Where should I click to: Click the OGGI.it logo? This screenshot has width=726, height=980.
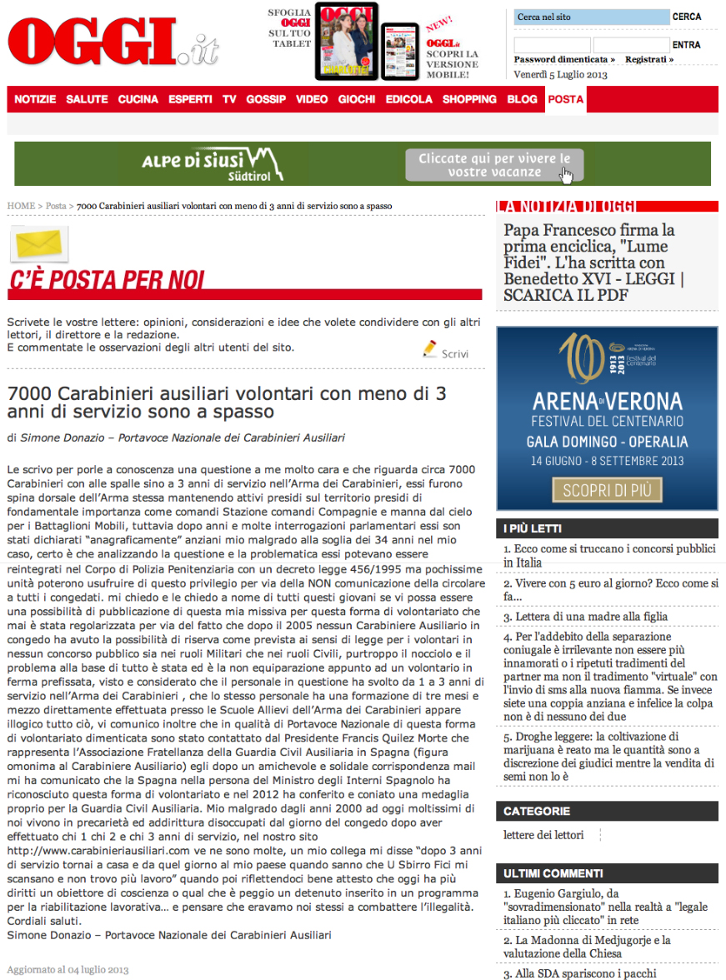[113, 42]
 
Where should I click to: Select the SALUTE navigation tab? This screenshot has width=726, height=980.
[87, 99]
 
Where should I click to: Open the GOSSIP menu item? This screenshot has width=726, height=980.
[266, 99]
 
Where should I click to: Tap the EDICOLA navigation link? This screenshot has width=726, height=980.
[408, 99]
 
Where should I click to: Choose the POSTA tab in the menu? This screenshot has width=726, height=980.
[565, 99]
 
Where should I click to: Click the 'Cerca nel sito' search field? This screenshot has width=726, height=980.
[591, 17]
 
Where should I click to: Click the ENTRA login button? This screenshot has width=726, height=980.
[686, 45]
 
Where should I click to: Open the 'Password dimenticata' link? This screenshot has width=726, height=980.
[563, 60]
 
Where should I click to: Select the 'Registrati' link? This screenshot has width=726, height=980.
[648, 60]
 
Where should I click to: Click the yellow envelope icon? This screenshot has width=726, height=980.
[38, 244]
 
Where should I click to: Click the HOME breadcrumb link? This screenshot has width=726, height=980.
[21, 206]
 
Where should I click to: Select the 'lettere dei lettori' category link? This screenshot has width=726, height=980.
[543, 835]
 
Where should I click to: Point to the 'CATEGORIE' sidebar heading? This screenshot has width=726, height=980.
[537, 811]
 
